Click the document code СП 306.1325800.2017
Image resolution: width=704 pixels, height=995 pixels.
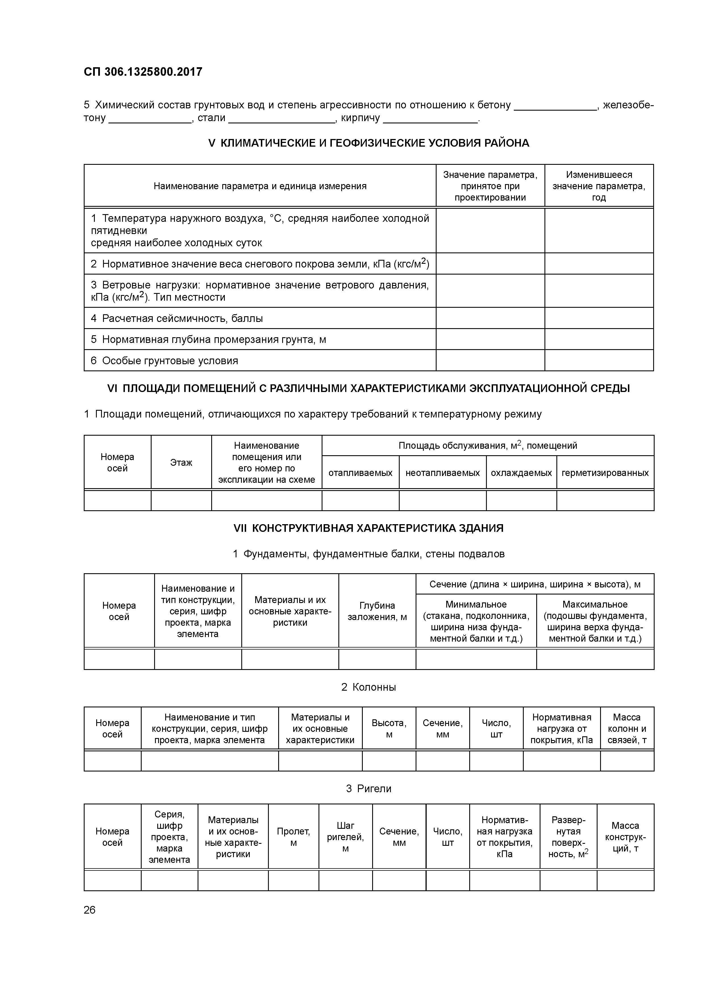point(143,72)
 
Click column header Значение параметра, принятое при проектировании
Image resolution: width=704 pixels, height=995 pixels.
point(490,186)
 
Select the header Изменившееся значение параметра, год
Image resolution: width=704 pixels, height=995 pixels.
point(599,186)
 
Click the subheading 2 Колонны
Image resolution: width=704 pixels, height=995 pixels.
point(369,687)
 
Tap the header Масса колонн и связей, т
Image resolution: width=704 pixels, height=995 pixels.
point(627,728)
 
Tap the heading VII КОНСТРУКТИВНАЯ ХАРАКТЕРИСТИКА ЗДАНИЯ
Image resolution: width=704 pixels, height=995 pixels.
point(369,528)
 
